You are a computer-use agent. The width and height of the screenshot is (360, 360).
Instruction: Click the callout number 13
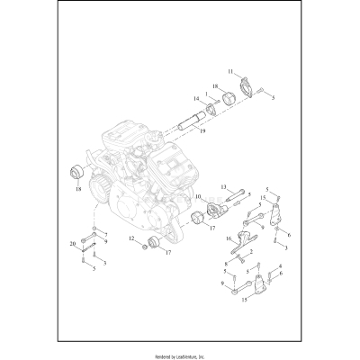pos(217,187)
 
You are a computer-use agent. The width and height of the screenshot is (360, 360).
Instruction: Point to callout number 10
pos(197,195)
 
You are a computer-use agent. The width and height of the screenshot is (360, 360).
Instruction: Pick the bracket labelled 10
pos(213,211)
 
